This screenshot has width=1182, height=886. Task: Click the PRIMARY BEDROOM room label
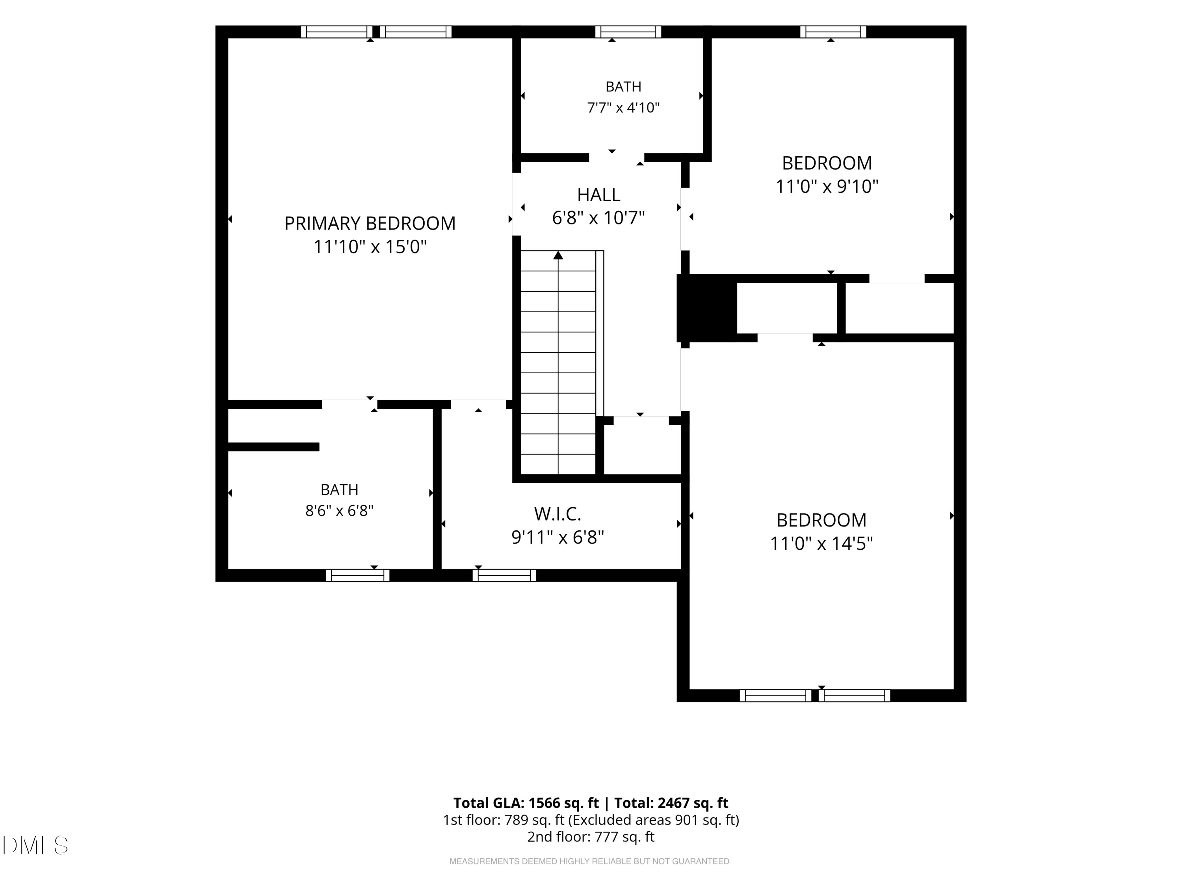[370, 223]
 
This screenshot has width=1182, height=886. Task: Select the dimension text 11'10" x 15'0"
[370, 247]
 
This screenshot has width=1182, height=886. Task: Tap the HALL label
[598, 195]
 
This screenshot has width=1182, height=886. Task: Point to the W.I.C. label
[558, 514]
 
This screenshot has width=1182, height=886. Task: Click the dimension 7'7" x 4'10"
[623, 108]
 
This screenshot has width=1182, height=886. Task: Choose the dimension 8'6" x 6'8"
[339, 511]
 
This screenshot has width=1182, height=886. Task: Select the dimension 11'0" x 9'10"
[827, 186]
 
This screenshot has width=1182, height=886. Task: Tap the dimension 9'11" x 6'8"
[558, 537]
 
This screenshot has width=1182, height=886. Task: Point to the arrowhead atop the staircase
[558, 255]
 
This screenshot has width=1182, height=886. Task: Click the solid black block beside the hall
[706, 308]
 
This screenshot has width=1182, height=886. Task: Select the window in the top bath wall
[628, 32]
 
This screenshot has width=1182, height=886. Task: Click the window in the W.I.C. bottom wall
[504, 575]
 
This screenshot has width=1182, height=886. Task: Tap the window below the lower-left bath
[357, 575]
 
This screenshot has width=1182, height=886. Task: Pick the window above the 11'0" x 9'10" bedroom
[833, 32]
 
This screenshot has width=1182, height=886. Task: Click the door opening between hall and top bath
[617, 158]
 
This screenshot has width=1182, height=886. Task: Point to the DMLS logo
[35, 845]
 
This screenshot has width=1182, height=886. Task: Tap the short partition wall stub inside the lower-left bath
[273, 447]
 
